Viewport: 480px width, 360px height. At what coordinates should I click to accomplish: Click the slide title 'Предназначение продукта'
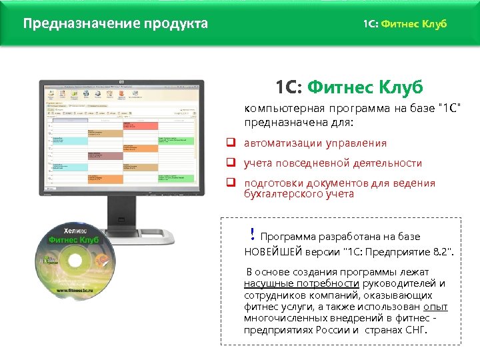point(115,24)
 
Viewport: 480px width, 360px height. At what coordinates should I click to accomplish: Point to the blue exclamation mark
point(252,233)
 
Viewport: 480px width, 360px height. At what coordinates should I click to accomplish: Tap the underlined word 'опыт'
point(435,307)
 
